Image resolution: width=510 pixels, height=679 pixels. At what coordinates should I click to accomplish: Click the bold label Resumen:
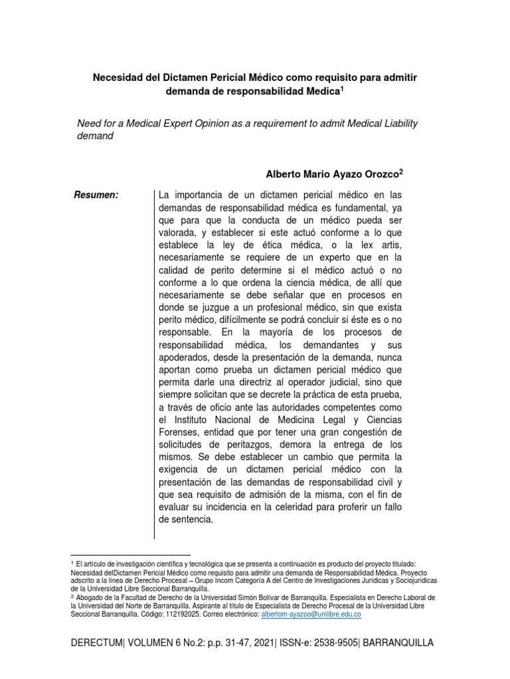coord(98,195)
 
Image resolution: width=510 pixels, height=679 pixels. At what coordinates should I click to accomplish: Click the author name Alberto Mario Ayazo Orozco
coord(332,174)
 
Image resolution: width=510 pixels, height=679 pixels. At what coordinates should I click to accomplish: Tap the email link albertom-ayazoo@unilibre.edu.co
coord(311,615)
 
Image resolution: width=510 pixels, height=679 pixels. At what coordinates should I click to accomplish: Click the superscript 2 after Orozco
coord(401,171)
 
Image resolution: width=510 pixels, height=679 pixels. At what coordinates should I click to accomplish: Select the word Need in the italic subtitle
coord(90,124)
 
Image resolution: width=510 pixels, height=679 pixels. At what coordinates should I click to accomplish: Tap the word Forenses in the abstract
coord(180,432)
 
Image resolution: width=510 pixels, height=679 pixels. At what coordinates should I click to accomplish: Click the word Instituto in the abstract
coord(195,420)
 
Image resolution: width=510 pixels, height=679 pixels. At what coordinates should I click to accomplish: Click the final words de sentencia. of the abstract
coord(186,521)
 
